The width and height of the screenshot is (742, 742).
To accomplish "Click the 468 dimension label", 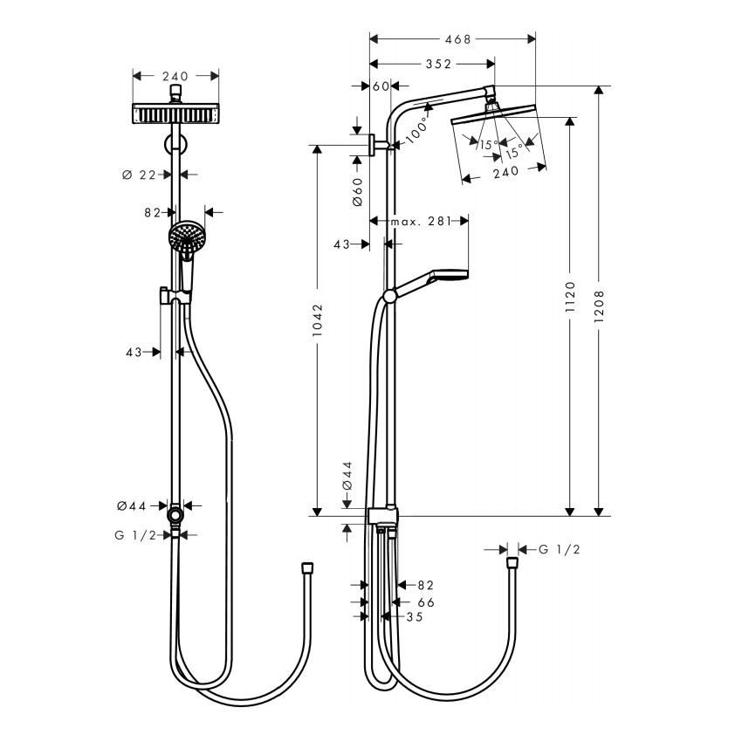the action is tap(457, 39).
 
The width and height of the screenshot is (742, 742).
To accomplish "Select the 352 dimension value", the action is tap(438, 64).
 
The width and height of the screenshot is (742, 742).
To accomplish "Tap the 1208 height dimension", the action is tap(599, 306).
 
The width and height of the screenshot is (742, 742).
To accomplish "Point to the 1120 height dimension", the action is tap(570, 297).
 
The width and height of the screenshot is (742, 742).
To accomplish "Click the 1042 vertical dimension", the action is tap(317, 320).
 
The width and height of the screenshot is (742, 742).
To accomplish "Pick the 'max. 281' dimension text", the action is tap(420, 221).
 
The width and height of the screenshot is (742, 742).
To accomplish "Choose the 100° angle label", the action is tap(417, 130).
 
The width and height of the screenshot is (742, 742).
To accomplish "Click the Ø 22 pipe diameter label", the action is tap(139, 175).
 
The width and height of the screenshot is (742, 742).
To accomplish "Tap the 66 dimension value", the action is tap(426, 602).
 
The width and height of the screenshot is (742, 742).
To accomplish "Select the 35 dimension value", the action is tap(415, 617).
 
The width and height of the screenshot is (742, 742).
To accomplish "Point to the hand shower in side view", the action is tap(430, 282).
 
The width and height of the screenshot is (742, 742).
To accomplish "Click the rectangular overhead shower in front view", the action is tap(175, 114).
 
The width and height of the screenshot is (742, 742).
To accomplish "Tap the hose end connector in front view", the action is tap(307, 568).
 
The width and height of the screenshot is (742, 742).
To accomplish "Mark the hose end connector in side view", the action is tap(512, 563).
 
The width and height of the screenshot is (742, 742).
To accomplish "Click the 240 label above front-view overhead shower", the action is tap(175, 76).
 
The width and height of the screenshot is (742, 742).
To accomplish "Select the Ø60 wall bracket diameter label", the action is tap(358, 192).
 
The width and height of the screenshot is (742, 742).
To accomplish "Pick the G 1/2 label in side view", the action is tap(560, 549).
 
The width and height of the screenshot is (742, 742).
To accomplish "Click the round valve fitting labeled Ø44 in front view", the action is tap(175, 514).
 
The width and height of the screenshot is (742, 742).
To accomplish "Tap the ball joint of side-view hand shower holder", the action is tap(390, 296).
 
